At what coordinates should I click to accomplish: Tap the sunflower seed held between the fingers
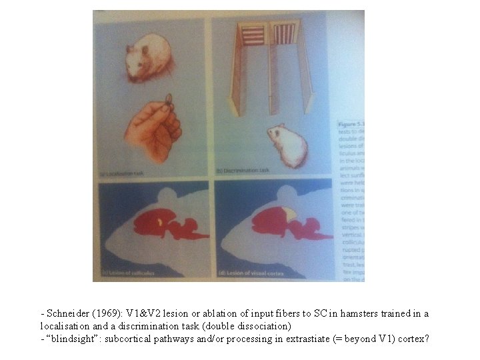(168, 99)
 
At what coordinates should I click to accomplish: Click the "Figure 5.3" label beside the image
(347, 123)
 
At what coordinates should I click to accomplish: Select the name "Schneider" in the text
(65, 314)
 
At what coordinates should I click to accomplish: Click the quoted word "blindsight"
(71, 339)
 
